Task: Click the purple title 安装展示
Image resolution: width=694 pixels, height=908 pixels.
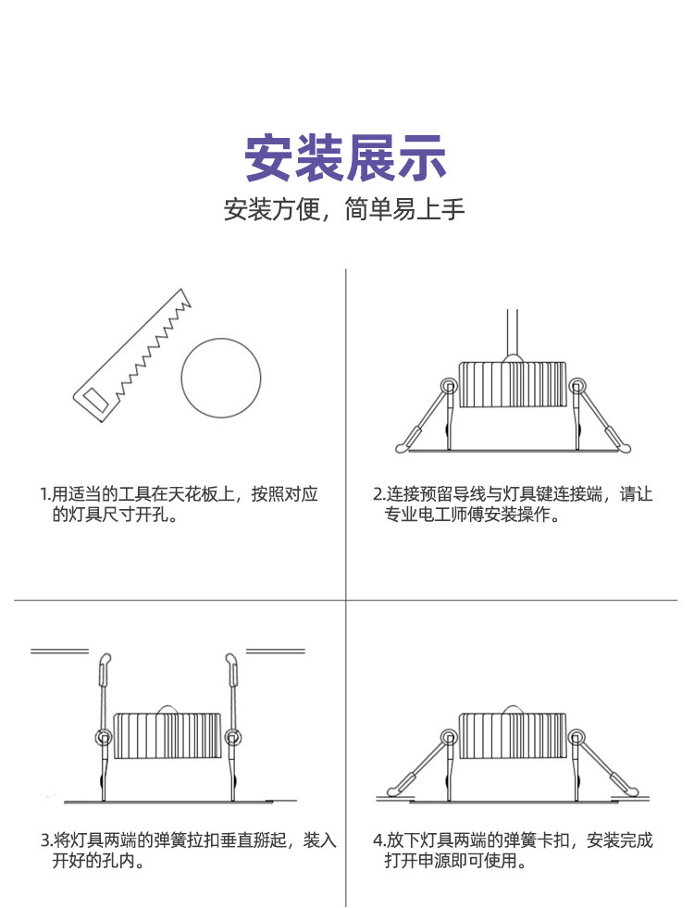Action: [345, 159]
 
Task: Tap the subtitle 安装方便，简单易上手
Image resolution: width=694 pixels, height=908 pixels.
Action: [344, 209]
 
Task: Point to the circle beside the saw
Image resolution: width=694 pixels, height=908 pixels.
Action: [220, 377]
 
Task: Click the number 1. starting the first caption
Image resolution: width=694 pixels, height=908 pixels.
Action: [45, 494]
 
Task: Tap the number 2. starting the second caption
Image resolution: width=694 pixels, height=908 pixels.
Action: [378, 494]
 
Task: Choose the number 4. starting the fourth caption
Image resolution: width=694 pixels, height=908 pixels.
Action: [378, 841]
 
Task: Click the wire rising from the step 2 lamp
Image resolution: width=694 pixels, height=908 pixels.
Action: [511, 333]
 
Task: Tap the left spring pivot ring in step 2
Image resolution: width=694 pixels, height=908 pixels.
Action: [449, 385]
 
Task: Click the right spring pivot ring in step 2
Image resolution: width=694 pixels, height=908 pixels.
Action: [577, 385]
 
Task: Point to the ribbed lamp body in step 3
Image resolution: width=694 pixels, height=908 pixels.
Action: [167, 736]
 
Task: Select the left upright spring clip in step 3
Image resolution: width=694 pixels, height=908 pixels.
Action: [104, 685]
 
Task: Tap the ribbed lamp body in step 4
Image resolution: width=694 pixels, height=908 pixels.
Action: [512, 736]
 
